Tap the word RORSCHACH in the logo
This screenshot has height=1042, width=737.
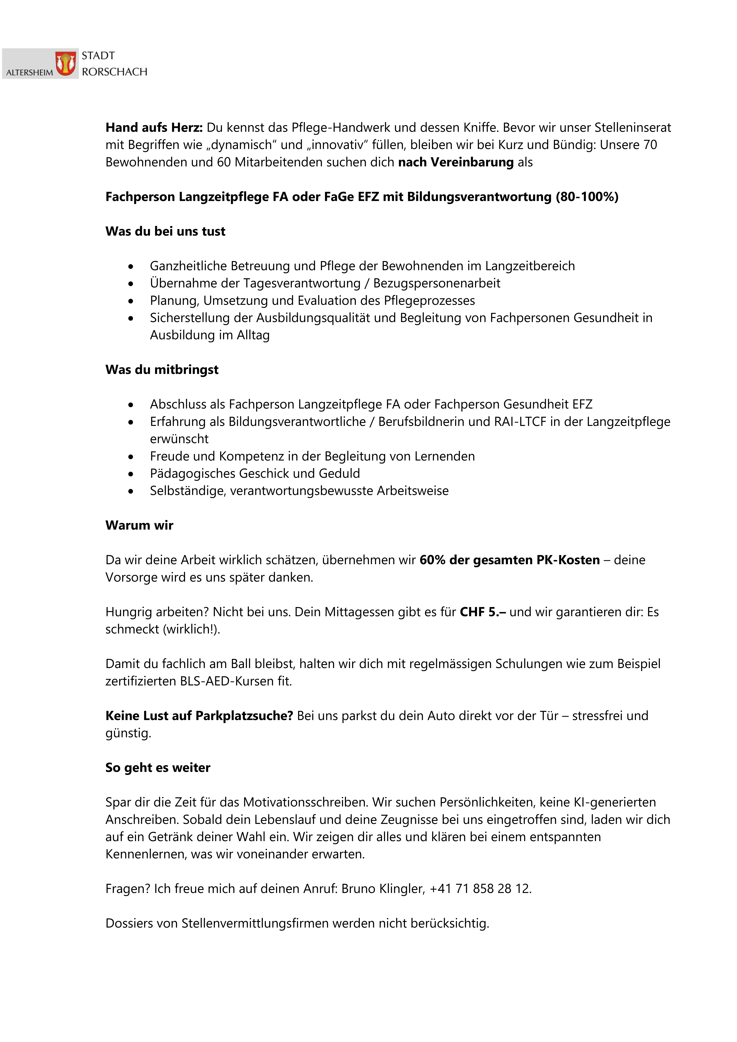[114, 72]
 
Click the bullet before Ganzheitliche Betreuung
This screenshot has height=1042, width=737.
[131, 266]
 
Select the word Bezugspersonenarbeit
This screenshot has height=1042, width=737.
[437, 283]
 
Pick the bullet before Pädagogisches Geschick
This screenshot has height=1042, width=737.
[131, 474]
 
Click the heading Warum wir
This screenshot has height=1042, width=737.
[139, 525]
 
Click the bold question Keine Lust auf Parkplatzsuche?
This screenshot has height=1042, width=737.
[199, 716]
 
